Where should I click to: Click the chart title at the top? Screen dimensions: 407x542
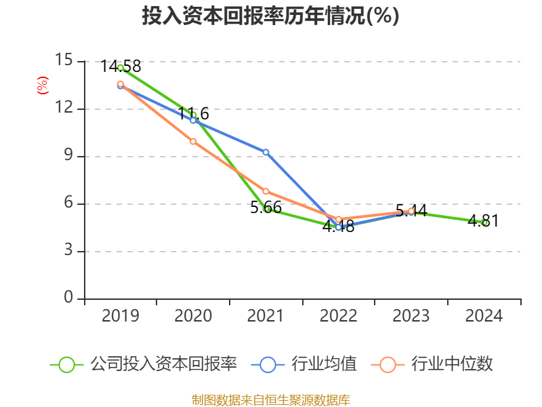tap(270, 16)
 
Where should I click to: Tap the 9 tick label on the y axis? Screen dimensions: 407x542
tap(68, 155)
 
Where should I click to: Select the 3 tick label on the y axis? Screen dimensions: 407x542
tap(68, 250)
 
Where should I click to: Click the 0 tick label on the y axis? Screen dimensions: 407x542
tap(68, 298)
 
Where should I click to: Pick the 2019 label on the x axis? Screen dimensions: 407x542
tap(120, 316)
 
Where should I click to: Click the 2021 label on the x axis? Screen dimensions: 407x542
tap(266, 316)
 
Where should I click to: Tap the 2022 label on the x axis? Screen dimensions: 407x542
tap(338, 316)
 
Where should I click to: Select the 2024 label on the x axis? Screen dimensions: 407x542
tap(484, 316)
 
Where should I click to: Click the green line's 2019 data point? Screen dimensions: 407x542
tap(120, 67)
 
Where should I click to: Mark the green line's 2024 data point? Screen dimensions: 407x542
tap(484, 222)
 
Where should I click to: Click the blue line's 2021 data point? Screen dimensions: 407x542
tap(266, 152)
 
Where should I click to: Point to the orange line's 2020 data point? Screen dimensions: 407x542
tap(193, 141)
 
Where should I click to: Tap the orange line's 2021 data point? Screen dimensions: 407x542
tap(266, 191)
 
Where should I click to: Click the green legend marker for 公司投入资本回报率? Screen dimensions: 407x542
tap(66, 364)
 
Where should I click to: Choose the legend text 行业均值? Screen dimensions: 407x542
tap(323, 364)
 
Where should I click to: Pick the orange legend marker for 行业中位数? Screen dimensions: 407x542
tap(388, 364)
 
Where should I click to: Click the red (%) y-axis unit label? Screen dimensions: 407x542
tap(42, 85)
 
